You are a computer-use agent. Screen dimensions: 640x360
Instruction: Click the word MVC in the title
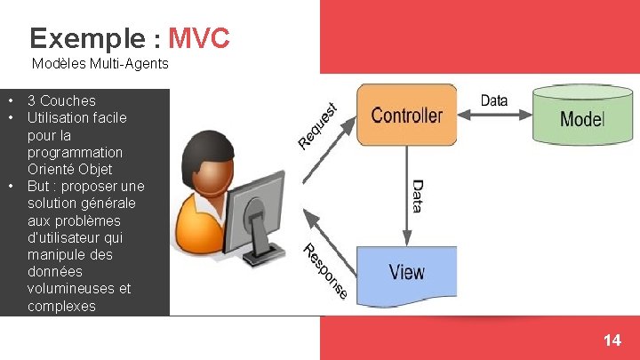click(199, 38)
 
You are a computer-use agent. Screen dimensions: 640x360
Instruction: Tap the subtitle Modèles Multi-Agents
click(100, 64)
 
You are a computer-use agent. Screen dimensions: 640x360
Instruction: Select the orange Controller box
click(406, 115)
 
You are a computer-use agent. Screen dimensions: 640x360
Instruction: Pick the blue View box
click(406, 271)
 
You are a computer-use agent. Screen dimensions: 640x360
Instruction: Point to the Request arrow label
click(317, 125)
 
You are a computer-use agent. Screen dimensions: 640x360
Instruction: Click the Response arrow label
click(325, 270)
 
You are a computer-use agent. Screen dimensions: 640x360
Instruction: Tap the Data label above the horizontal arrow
click(494, 100)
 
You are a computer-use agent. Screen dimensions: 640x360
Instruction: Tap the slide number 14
click(612, 340)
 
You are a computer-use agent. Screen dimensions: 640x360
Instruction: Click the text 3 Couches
click(61, 100)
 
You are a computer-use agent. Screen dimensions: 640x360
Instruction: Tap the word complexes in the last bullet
click(61, 306)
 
